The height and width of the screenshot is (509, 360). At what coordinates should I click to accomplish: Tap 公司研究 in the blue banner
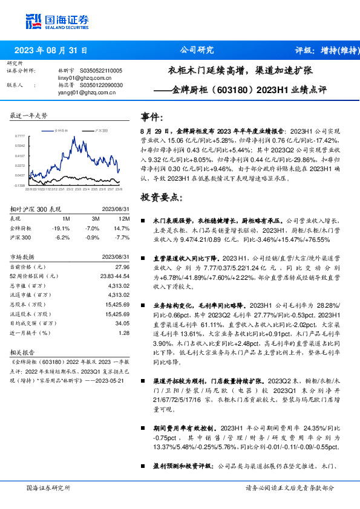[x=197, y=51]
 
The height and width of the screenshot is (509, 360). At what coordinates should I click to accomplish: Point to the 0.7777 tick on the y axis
[x=20, y=137]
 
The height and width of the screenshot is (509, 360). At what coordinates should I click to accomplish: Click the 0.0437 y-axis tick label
[x=20, y=175]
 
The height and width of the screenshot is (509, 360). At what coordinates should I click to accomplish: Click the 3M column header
[x=96, y=218]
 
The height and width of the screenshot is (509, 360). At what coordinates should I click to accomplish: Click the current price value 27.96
[x=122, y=267]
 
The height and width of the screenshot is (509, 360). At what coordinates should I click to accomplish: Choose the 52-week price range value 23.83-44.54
[x=114, y=276]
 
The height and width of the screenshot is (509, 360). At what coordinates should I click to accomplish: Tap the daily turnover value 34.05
[x=122, y=323]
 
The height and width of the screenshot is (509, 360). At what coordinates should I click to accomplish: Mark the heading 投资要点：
[x=160, y=197]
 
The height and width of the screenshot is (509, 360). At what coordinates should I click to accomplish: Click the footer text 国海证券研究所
[x=48, y=487]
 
